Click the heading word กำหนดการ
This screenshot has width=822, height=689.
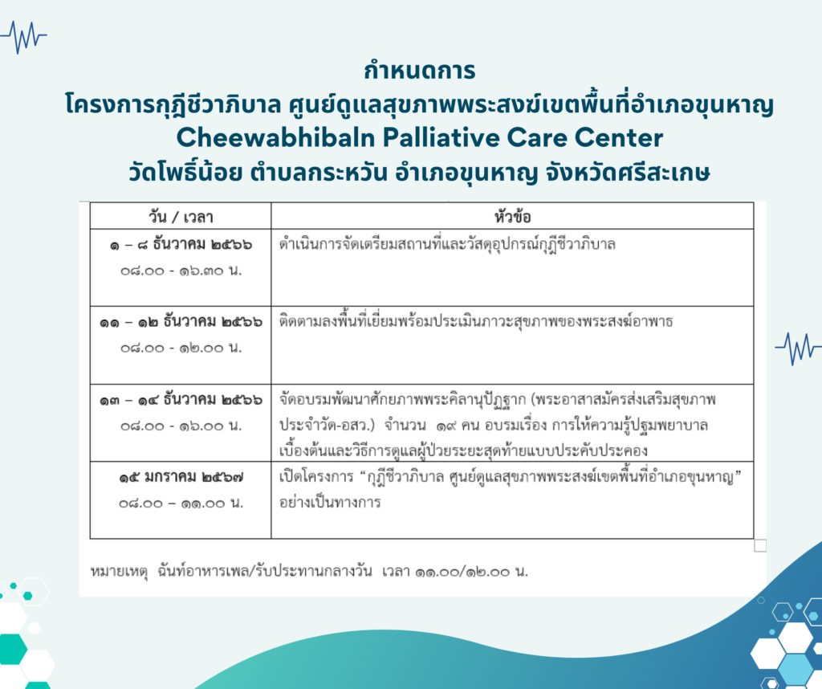pyautogui.click(x=419, y=71)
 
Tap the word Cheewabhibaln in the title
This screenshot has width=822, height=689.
pyautogui.click(x=276, y=138)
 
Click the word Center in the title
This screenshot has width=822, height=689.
pyautogui.click(x=619, y=138)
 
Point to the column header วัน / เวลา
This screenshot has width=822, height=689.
pyautogui.click(x=181, y=217)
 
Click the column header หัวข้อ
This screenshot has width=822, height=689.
pyautogui.click(x=512, y=216)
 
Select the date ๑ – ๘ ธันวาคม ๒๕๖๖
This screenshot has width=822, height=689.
pyautogui.click(x=181, y=245)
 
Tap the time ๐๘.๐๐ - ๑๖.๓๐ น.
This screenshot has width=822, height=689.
pyautogui.click(x=181, y=271)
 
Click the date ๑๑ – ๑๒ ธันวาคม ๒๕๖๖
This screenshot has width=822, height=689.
pyautogui.click(x=181, y=321)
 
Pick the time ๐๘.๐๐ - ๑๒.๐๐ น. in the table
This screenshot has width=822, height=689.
pyautogui.click(x=181, y=349)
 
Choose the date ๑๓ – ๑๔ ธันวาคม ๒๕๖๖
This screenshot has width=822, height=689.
pyautogui.click(x=181, y=400)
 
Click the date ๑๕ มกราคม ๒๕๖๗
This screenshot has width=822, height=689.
pyautogui.click(x=181, y=477)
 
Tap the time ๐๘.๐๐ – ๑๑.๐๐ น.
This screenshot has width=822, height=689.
pyautogui.click(x=181, y=503)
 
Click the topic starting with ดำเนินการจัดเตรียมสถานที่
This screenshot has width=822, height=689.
pyautogui.click(x=447, y=244)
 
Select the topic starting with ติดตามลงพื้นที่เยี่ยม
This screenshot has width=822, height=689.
pyautogui.click(x=475, y=321)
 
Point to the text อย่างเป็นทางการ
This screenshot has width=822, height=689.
pyautogui.click(x=330, y=503)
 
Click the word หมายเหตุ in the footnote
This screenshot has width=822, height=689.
pyautogui.click(x=119, y=572)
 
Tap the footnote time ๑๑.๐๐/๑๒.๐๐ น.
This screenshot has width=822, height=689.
pyautogui.click(x=471, y=572)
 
